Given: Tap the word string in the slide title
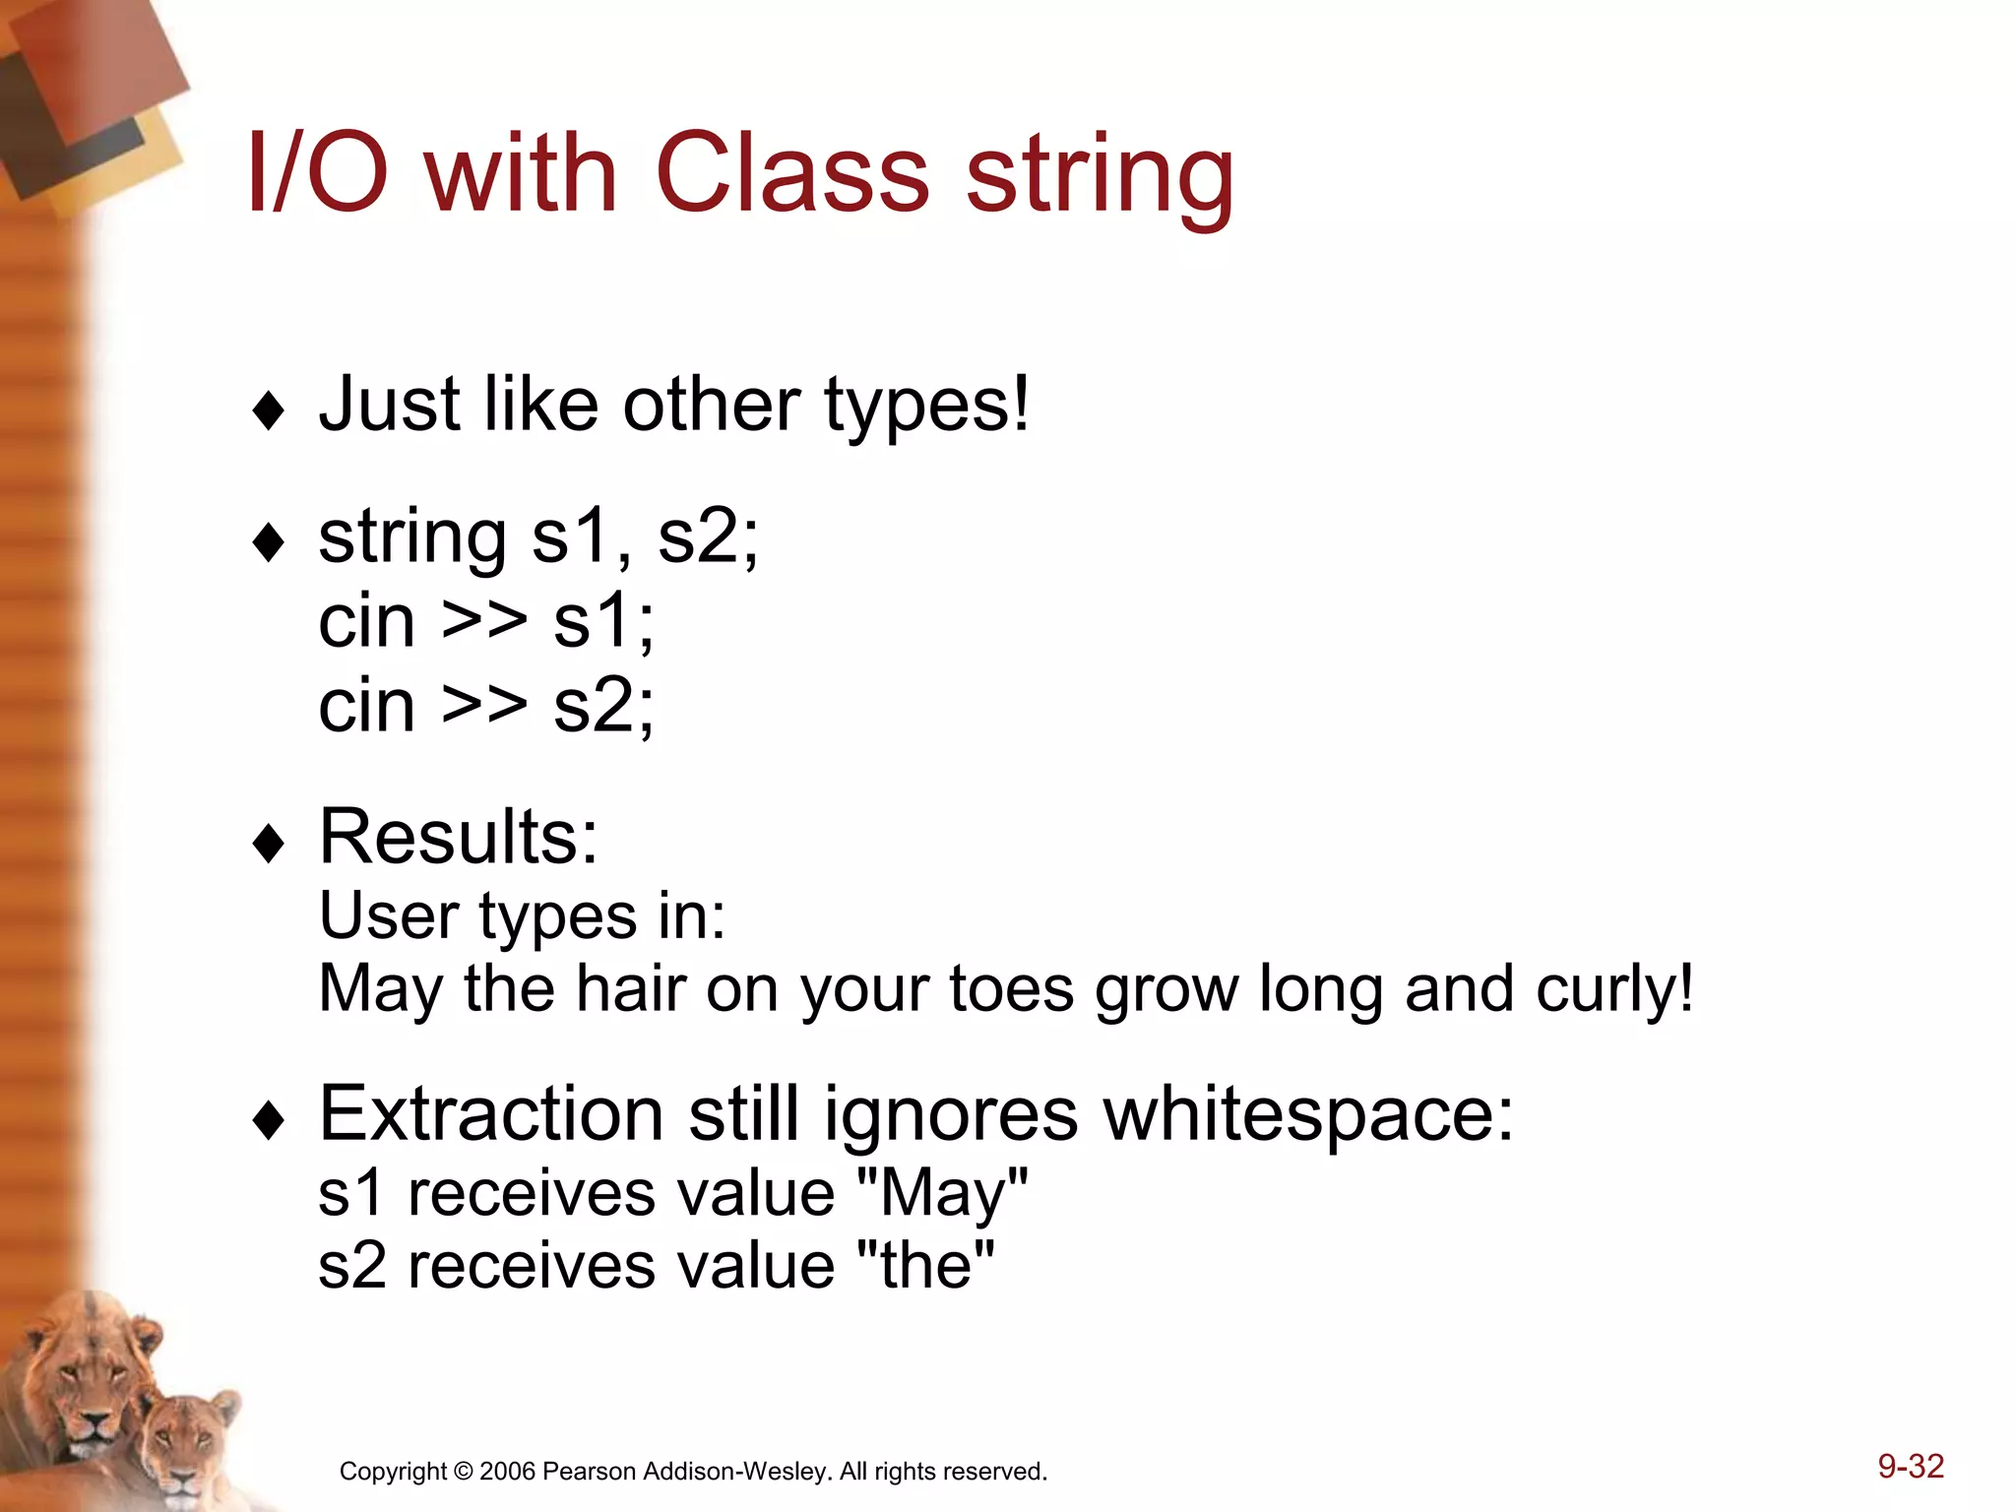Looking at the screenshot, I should tap(1100, 177).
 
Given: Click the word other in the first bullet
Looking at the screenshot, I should tap(711, 405).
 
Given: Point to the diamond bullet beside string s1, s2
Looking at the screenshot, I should tap(268, 542).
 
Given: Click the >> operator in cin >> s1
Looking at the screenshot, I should tap(483, 621).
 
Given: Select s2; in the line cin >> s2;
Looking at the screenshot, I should tap(603, 706).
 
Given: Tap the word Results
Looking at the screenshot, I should tap(458, 837).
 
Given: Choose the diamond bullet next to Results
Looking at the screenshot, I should tap(268, 844).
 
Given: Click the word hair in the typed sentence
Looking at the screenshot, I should tap(630, 988).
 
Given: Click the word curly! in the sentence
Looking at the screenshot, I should tap(1614, 988).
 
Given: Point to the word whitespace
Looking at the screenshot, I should tap(1308, 1114).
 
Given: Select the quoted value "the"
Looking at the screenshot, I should tap(926, 1266).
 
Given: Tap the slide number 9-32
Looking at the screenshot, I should tap(1910, 1466).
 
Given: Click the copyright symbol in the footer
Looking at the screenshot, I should tap(463, 1472).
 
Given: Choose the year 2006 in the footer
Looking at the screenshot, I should tap(508, 1472).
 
